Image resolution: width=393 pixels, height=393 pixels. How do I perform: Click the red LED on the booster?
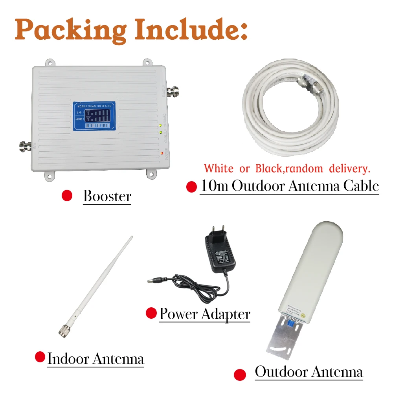(162, 152)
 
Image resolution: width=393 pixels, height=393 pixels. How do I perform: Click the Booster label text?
(107, 196)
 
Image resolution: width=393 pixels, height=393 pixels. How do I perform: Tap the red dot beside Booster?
(67, 196)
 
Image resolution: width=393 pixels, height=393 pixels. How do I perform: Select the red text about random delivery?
(287, 169)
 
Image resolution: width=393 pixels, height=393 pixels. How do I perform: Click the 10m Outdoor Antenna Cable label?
(290, 186)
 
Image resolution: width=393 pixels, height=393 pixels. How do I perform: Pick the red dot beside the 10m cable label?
(191, 187)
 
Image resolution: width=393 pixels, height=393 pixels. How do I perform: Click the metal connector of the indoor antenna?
(63, 331)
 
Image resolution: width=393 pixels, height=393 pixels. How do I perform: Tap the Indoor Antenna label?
(95, 358)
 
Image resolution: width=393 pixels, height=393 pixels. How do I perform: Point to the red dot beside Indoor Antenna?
(40, 357)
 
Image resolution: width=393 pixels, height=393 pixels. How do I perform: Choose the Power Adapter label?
(205, 314)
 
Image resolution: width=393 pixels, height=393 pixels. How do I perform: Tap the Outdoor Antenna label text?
(309, 372)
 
